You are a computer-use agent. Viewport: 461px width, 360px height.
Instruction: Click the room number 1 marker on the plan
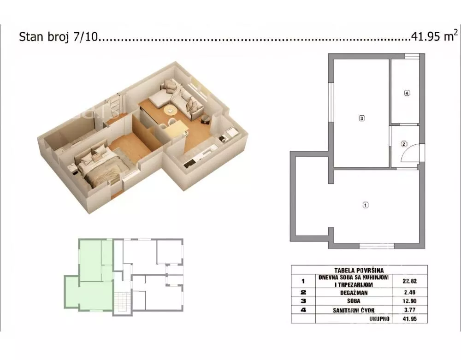[x=366, y=205]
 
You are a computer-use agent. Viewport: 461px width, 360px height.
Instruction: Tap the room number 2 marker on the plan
[x=404, y=144]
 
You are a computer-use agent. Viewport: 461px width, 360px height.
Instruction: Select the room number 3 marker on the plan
[x=362, y=118]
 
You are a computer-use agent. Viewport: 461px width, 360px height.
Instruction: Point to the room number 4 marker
[x=407, y=93]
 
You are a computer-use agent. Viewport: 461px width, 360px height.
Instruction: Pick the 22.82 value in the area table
[x=410, y=281]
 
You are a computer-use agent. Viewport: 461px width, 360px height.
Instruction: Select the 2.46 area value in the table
[x=410, y=292]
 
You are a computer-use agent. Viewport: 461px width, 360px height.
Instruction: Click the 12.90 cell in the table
[x=410, y=301]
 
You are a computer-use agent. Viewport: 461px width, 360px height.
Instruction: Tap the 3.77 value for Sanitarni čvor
[x=410, y=310]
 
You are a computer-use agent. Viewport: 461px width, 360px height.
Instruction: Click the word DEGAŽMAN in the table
[x=354, y=293]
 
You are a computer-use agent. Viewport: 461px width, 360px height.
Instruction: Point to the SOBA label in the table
[x=354, y=301]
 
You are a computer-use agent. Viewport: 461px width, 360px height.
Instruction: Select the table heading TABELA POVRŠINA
[x=359, y=270]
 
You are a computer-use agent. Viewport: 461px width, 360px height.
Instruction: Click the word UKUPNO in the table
[x=379, y=319]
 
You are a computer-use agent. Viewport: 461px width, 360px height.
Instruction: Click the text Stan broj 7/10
[x=58, y=37]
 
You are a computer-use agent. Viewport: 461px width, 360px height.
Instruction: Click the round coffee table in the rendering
[x=170, y=110]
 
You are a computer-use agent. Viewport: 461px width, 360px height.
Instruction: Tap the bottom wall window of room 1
[x=377, y=246]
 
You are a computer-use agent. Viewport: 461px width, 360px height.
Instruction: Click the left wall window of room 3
[x=331, y=102]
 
